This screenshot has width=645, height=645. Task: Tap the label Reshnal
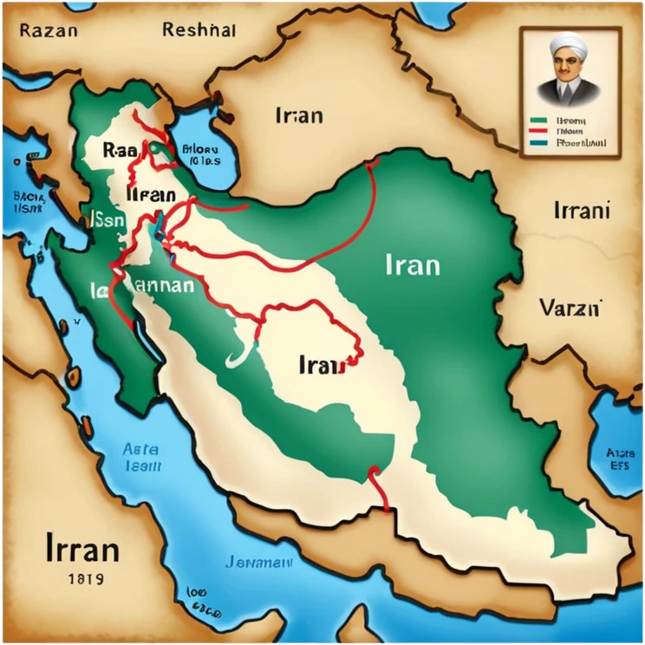click(199, 29)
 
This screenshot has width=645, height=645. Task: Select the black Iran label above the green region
click(298, 114)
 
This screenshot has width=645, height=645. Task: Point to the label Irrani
click(581, 210)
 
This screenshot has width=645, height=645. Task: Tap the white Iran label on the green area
click(410, 264)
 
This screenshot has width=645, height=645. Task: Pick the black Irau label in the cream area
click(322, 364)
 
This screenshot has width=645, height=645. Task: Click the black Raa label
click(114, 148)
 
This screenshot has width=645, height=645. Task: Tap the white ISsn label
click(107, 220)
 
